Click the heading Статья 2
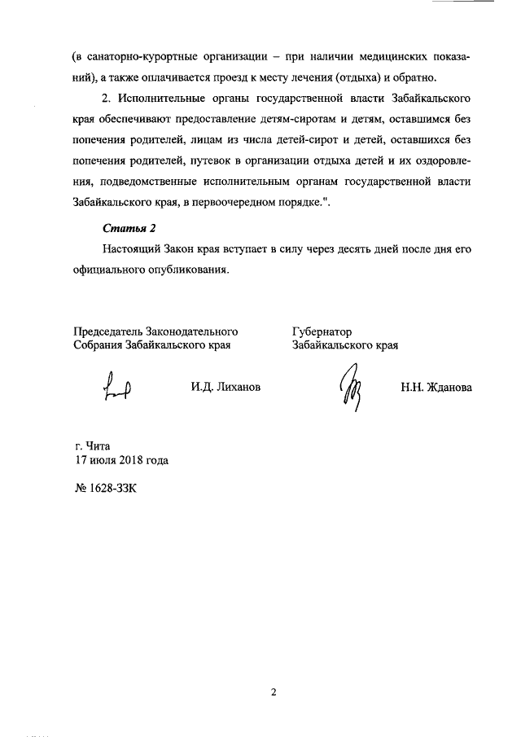(x=128, y=227)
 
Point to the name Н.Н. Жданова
(x=436, y=388)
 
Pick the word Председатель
(x=107, y=331)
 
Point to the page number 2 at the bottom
(x=274, y=692)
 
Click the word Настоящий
(x=133, y=248)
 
